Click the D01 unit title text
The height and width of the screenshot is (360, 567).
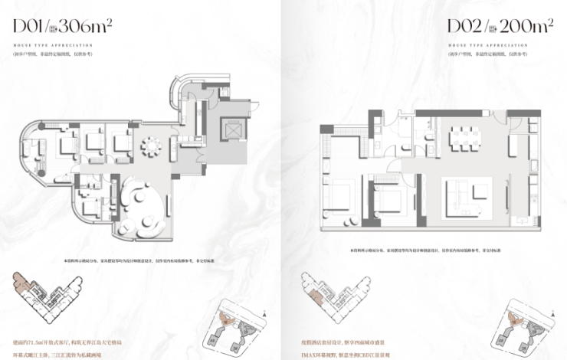point(30,28)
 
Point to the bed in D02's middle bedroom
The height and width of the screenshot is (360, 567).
point(389,201)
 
